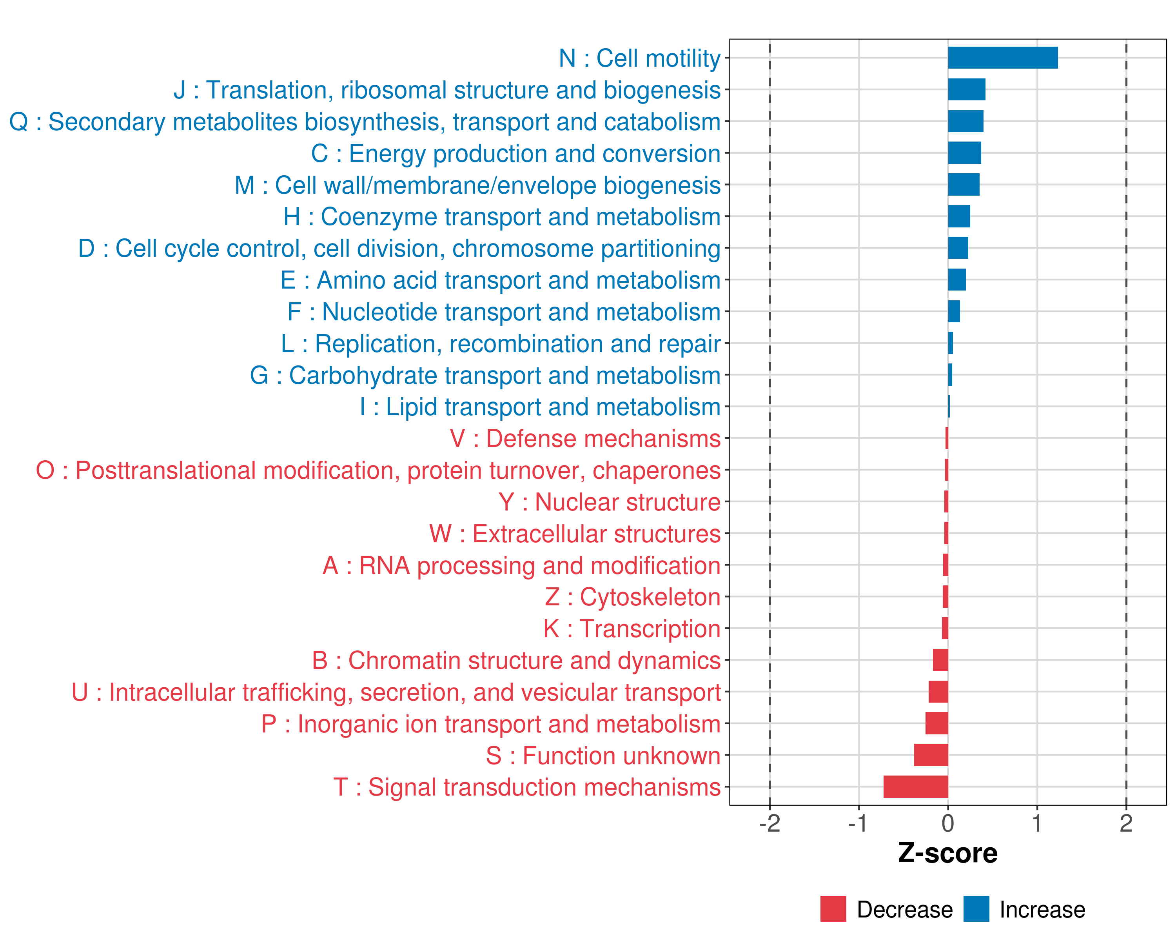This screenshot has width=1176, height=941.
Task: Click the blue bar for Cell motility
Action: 1003,58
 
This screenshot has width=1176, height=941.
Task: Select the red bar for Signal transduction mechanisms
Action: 916,787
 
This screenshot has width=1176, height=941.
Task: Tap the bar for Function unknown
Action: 931,755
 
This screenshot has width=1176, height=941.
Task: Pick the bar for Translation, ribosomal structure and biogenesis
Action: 967,89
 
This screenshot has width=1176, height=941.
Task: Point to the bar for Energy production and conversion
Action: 964,153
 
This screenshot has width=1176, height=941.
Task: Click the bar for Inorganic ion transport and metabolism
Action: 936,723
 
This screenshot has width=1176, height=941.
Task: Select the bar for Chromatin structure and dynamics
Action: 940,660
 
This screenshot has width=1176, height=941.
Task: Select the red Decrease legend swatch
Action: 833,909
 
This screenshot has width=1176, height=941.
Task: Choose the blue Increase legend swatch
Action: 976,909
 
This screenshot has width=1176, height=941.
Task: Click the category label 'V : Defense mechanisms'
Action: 585,439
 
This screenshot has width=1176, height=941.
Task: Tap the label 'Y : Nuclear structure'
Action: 609,502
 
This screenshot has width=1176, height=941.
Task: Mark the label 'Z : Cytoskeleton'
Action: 633,597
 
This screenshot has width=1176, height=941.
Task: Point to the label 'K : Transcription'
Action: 632,629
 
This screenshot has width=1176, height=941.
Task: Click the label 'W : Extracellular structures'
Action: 575,534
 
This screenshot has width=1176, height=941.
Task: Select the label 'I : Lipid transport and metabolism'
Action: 540,407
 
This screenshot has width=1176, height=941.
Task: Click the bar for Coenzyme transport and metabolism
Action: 959,216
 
